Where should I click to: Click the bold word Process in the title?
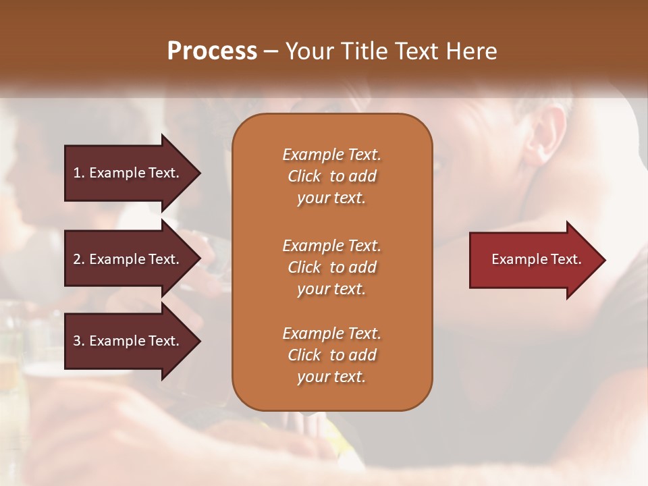[212, 51]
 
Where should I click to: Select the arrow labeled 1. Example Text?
[128, 173]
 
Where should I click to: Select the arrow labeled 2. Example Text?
[128, 259]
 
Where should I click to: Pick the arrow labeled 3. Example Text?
[128, 341]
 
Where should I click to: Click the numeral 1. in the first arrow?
[79, 173]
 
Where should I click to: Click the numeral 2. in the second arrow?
[79, 259]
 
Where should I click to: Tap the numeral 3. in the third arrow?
[79, 341]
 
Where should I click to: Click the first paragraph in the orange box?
[331, 176]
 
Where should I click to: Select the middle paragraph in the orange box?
[331, 267]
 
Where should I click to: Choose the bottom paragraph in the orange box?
[331, 355]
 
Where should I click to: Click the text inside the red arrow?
[537, 259]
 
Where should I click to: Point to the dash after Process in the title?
[271, 51]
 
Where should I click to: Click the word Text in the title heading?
[415, 51]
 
